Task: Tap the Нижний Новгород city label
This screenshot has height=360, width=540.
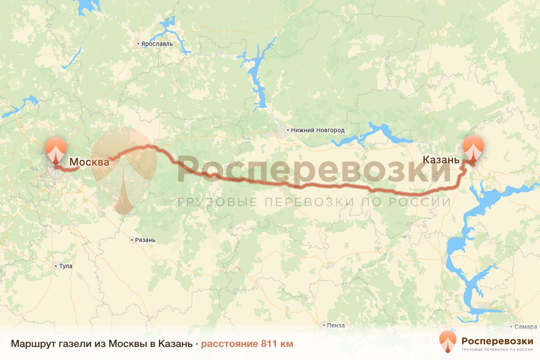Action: click(318, 130)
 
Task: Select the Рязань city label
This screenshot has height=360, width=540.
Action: click(145, 240)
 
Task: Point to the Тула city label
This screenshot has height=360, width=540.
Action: click(66, 266)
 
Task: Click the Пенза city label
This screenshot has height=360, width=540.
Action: click(336, 326)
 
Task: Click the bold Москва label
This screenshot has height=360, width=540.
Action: click(89, 162)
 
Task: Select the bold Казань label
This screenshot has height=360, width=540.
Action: click(441, 160)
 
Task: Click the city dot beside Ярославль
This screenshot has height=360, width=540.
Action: click(139, 44)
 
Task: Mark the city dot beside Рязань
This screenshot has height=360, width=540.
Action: click(131, 240)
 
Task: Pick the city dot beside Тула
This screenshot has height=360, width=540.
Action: click(55, 266)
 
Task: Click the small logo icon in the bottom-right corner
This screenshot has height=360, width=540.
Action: click(448, 341)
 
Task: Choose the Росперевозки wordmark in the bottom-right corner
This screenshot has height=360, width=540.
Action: click(497, 341)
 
